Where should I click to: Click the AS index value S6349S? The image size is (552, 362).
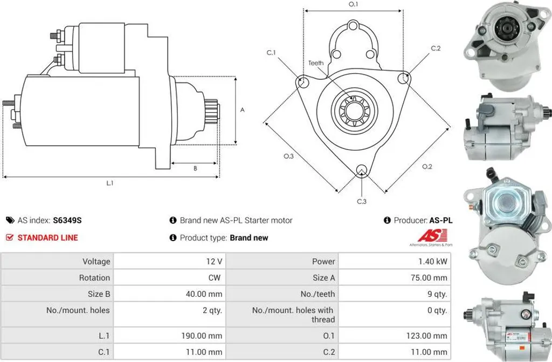67,220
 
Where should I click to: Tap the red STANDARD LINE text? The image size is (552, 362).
47,237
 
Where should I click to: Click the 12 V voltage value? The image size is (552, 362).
214,261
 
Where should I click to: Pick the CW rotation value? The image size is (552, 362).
215,277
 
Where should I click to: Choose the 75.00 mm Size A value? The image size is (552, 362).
429,277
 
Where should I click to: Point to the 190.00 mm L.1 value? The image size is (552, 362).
202,336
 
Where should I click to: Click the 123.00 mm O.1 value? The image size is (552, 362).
427,336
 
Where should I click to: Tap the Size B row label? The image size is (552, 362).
99,294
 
